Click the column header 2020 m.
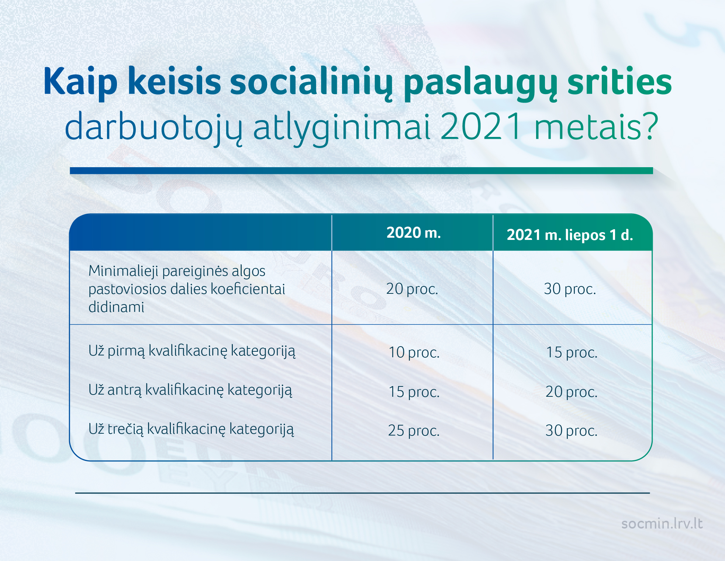point(414,233)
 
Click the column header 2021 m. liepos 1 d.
point(570,235)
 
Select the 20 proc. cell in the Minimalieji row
point(412,289)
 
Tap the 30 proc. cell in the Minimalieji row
point(570,289)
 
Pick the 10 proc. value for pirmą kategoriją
point(414,352)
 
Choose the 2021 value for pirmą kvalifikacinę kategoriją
point(572,352)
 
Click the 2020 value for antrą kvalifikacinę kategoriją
point(414,392)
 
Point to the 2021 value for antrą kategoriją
point(572,392)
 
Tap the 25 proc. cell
point(414,431)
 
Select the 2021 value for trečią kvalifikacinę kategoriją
point(572,431)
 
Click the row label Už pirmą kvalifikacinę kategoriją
point(192,351)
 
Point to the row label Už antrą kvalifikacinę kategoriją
point(190,390)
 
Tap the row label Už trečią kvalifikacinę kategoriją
point(191,429)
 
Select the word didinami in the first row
point(116,307)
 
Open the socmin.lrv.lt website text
point(662,524)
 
